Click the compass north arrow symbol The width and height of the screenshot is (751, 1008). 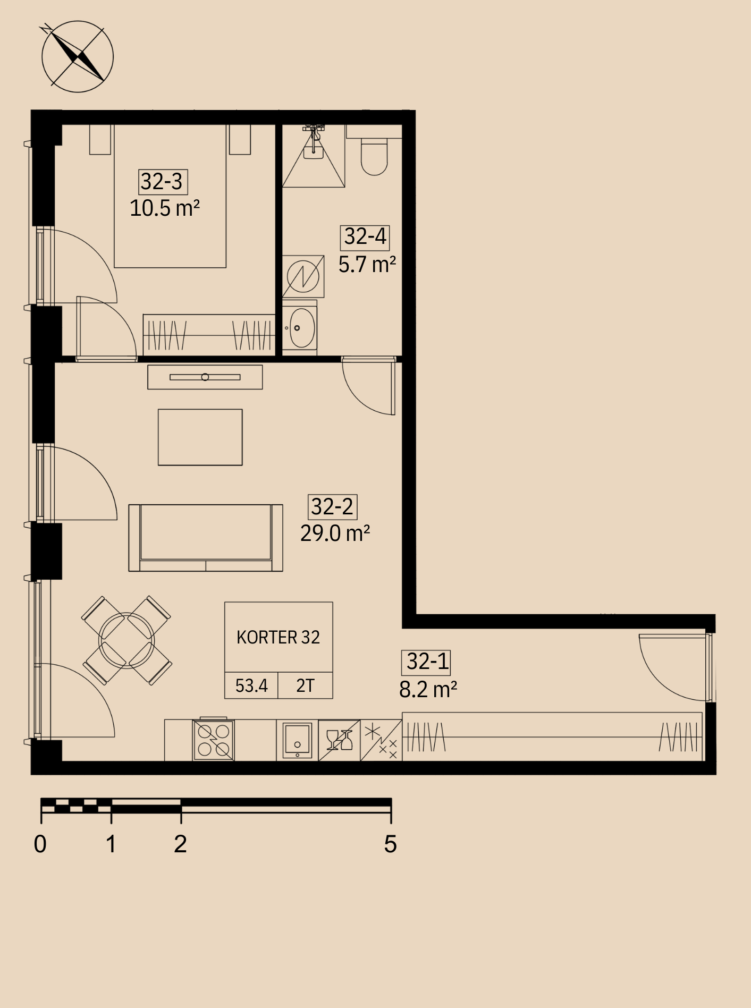click(78, 56)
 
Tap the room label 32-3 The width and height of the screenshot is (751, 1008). click(162, 182)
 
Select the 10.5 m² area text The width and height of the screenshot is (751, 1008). click(165, 208)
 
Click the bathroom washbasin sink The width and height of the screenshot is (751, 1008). click(300, 327)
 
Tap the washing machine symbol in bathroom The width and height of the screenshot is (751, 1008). click(303, 276)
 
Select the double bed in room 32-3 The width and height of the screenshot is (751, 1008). click(170, 196)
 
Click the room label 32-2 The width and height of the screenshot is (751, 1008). click(332, 507)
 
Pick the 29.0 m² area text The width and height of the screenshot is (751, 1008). click(335, 533)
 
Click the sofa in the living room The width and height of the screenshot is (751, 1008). click(206, 538)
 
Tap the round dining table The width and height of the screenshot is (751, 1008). click(126, 640)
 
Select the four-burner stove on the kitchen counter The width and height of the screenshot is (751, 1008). click(213, 740)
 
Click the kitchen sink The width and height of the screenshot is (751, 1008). click(297, 740)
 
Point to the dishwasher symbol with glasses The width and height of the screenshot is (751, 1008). click(339, 740)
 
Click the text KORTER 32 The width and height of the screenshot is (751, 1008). click(279, 638)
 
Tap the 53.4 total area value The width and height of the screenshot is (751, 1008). click(251, 686)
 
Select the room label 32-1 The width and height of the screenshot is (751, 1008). click(428, 662)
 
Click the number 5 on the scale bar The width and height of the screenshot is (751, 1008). click(391, 844)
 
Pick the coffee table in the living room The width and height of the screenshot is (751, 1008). click(200, 437)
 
